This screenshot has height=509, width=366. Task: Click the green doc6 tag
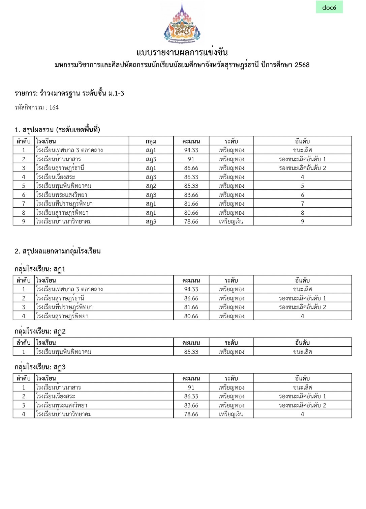[x=329, y=7]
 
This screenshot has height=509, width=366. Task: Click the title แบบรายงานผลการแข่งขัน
[x=182, y=52]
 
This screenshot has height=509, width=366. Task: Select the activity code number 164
[x=54, y=108]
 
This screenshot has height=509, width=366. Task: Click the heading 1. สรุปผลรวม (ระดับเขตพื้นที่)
[x=57, y=130]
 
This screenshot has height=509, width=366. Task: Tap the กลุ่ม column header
[x=151, y=141]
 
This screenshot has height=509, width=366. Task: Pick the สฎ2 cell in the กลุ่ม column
[x=151, y=186]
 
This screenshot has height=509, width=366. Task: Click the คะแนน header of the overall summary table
[x=191, y=141]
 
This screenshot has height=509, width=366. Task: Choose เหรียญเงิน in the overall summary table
[x=231, y=222]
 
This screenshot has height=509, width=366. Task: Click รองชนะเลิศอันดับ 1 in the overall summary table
[x=302, y=159]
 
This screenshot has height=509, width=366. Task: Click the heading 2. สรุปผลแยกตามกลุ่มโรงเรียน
[x=58, y=251]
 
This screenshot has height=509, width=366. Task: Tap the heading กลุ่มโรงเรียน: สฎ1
[x=40, y=269]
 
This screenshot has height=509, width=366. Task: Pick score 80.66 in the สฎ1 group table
[x=191, y=316]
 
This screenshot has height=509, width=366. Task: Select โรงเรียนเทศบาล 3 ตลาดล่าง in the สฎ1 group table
[x=69, y=289]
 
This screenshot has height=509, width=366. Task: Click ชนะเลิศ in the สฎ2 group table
[x=302, y=352]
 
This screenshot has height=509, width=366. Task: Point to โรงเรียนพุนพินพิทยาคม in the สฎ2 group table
[x=63, y=352]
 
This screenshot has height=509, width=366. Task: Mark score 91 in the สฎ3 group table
[x=191, y=387]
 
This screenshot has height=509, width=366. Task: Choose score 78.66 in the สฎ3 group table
[x=191, y=414]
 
